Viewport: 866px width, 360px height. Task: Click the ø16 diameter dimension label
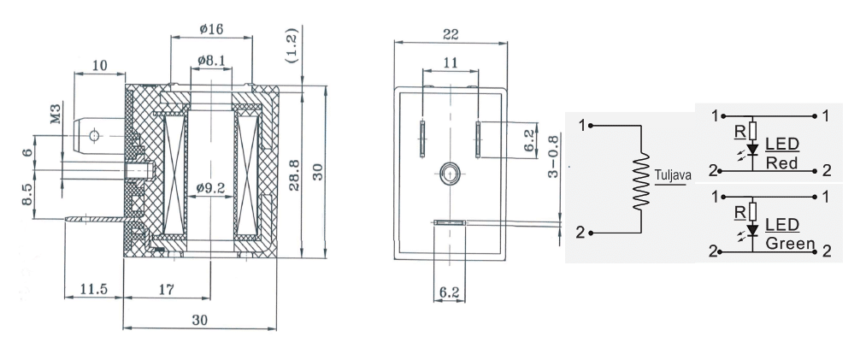[211, 28]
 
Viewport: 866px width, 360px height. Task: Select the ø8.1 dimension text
[210, 60]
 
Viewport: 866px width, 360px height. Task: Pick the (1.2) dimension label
[291, 46]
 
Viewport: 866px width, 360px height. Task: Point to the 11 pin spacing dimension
[450, 62]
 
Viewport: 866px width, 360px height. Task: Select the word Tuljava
[673, 175]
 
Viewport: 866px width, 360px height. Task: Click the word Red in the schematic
[782, 162]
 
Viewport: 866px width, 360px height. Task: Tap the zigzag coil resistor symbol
[640, 180]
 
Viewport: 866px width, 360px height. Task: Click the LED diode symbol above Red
[752, 150]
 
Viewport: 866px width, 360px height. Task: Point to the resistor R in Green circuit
[752, 210]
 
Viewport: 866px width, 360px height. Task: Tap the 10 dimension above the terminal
[100, 64]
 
